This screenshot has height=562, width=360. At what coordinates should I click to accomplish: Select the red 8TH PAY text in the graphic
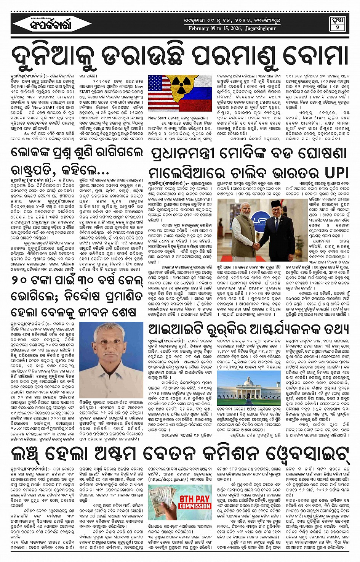pyautogui.click(x=195, y=499)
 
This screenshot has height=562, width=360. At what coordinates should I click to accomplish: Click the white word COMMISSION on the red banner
pyautogui.click(x=195, y=506)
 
